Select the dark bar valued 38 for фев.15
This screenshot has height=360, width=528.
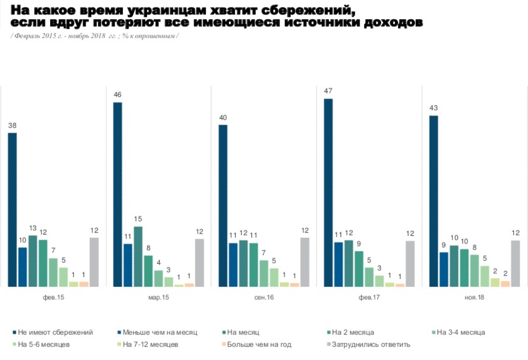pos(12,209)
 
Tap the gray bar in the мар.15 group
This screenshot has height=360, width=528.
pos(199,262)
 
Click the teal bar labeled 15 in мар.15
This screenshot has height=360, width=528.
pos(138,256)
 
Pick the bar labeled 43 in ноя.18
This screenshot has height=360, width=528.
pos(433,201)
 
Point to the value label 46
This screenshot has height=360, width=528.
pos(117,95)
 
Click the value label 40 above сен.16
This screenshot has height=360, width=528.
pos(223,117)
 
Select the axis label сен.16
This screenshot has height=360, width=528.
pos(264,297)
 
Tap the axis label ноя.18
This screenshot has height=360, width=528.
pos(474,297)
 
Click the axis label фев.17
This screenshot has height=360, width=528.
pos(369,297)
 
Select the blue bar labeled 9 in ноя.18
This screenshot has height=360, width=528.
pos(444,269)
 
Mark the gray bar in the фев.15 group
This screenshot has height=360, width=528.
pos(94,262)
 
